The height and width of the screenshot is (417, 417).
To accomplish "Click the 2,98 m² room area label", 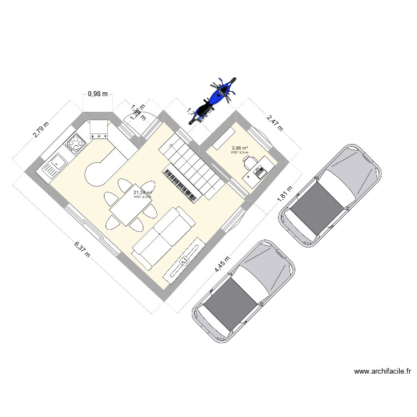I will coord(240,148).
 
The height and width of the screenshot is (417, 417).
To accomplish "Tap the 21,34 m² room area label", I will coord(142,192).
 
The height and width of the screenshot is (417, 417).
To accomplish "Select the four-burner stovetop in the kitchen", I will coord(75,145).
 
